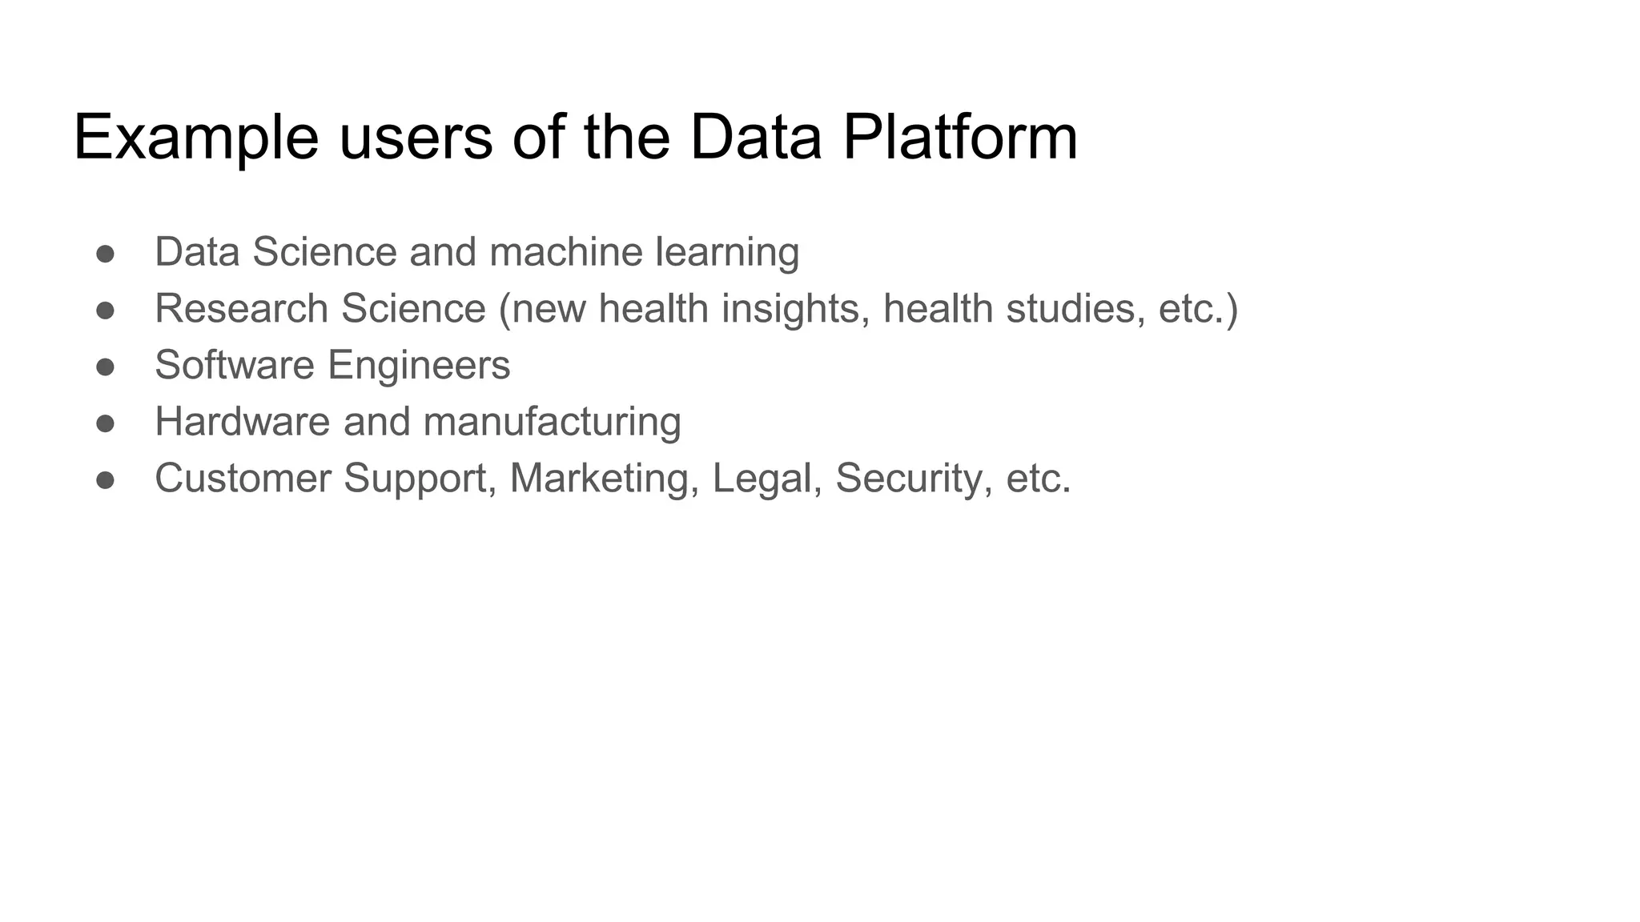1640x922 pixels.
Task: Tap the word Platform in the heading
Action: [x=960, y=138]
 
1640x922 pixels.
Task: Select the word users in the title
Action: [x=416, y=138]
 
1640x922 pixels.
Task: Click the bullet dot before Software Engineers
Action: [x=105, y=367]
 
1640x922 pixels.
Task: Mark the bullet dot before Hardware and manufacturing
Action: [x=105, y=423]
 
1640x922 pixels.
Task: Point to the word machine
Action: [x=565, y=252]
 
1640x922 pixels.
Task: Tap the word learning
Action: [x=727, y=254]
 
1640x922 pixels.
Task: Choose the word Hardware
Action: [x=242, y=422]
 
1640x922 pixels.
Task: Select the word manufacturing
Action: [x=552, y=423]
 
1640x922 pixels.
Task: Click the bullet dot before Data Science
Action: [x=105, y=254]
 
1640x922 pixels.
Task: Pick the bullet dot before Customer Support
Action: [x=105, y=480]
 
